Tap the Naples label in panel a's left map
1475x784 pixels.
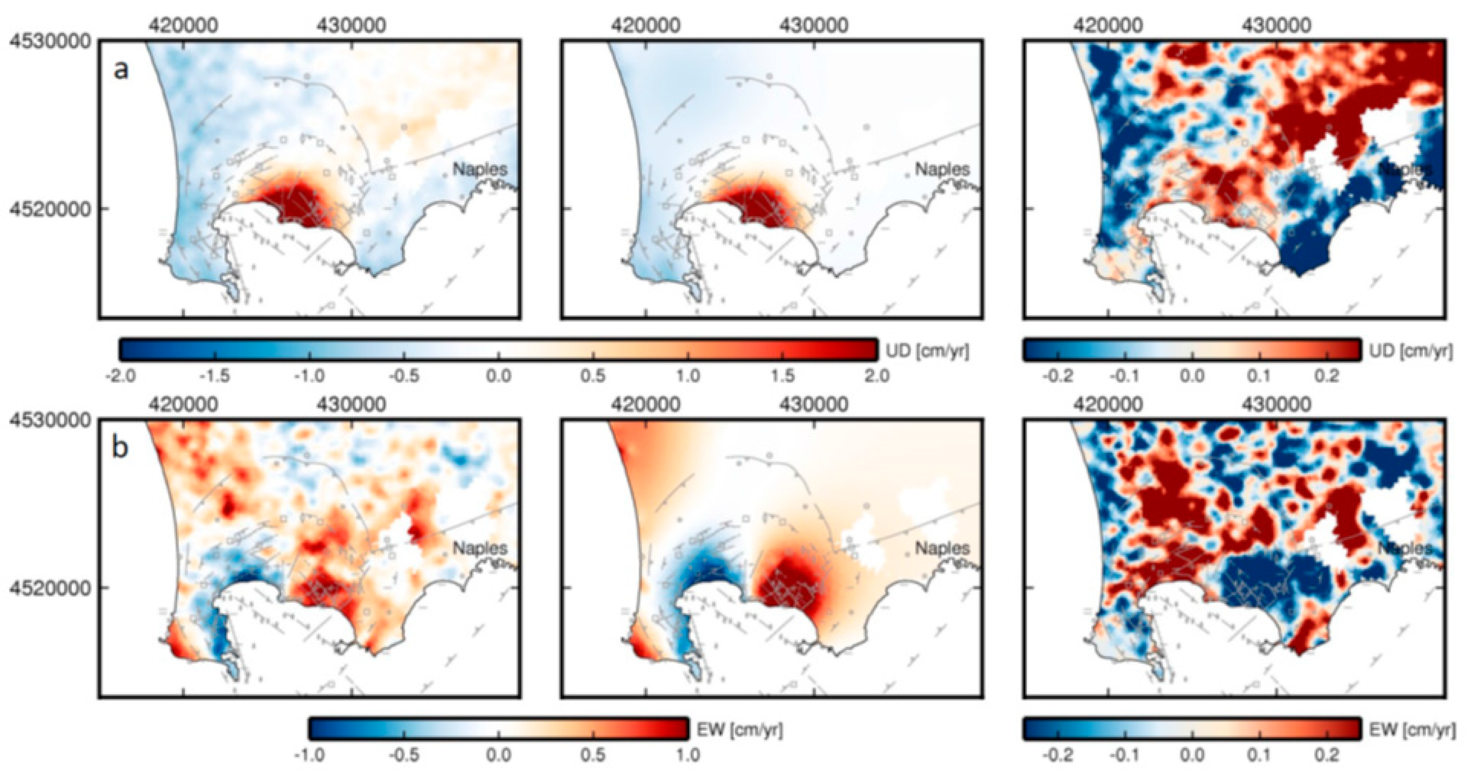480,170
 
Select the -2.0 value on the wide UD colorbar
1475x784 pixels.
121,376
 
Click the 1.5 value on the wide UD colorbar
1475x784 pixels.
783,376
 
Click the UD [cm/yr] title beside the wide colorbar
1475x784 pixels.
927,351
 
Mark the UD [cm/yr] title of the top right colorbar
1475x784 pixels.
1410,351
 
